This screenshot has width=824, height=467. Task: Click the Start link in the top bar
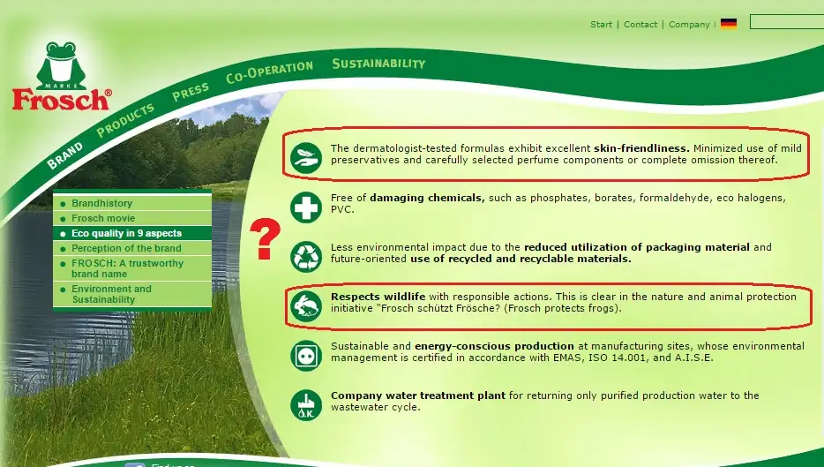(601, 24)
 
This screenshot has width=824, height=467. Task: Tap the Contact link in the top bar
(640, 24)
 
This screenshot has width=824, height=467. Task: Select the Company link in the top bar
(689, 24)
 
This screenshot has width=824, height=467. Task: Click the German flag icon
(729, 24)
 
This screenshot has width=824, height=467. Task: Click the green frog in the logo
(62, 65)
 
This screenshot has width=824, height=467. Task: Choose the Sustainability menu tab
(378, 64)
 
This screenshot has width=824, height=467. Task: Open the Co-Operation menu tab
(270, 72)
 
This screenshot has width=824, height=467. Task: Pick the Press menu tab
(191, 92)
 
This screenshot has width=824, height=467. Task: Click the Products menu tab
(125, 120)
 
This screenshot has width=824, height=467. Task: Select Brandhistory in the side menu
(102, 203)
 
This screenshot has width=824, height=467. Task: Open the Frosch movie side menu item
(103, 218)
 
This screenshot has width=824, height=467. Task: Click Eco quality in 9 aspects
(127, 233)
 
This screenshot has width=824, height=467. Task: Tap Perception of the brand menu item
(126, 248)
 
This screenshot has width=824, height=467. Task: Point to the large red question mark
(265, 238)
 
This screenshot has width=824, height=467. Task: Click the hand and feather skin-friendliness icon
(306, 158)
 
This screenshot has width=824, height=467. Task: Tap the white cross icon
(306, 207)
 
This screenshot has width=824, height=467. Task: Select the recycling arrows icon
(306, 257)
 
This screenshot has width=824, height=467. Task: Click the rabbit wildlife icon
(306, 306)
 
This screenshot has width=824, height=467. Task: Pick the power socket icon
(306, 356)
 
